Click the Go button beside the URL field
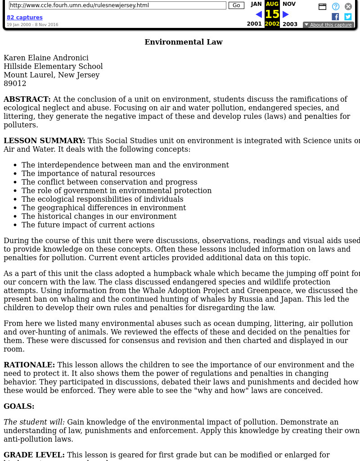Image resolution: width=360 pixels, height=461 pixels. coord(236,5)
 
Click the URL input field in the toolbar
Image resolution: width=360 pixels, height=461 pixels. coord(117,5)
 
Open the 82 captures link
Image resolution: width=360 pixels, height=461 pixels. coord(25,18)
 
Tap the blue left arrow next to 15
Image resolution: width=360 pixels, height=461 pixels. coord(259,14)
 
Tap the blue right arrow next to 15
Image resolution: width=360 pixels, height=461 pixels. coord(286,14)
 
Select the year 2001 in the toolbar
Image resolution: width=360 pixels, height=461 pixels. coord(254,24)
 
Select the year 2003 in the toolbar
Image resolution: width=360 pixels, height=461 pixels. coord(290,24)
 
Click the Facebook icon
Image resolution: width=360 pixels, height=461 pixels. coord(335,17)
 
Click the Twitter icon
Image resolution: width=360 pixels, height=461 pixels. coord(348,17)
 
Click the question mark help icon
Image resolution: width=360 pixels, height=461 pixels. coord(336,6)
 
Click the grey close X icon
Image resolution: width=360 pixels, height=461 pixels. coord(348,6)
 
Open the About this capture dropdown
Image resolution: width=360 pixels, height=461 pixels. coord(328,25)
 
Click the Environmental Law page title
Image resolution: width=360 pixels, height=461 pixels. coord(184,42)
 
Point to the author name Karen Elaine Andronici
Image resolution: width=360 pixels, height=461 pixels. coord(46,58)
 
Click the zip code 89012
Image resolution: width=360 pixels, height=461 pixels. coord(15,83)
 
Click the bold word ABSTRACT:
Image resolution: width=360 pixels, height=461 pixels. coord(27,99)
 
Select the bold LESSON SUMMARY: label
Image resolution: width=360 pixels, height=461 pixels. coord(44,140)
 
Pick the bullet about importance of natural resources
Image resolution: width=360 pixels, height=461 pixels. coord(88,173)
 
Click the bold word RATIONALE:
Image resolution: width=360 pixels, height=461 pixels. coord(29,365)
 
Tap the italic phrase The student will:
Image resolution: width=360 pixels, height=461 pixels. coord(34,422)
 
